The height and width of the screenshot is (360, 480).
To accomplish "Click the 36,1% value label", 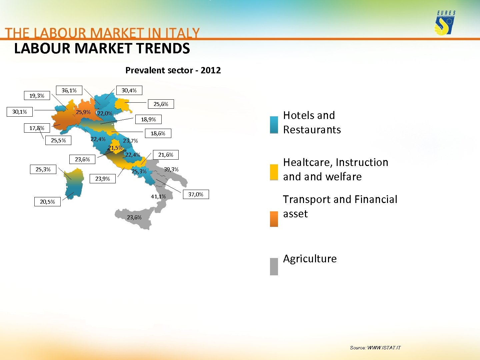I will click(69, 90).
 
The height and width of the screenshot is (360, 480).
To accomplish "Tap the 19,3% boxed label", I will click(37, 96).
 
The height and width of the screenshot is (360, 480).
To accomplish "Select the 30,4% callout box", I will click(129, 90).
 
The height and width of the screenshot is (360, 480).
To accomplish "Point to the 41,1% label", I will click(158, 197).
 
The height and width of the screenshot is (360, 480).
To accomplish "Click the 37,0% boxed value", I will click(196, 194).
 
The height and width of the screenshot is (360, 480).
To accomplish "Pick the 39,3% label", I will click(171, 169).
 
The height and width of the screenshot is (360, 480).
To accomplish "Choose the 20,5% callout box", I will click(47, 202).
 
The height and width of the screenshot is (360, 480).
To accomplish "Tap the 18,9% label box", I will click(148, 119).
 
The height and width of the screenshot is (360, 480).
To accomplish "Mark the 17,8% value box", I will click(37, 128).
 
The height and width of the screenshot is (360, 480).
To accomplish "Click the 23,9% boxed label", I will click(103, 179).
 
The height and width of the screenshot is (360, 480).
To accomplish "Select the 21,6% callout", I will click(166, 155).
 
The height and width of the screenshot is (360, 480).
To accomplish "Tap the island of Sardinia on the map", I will click(73, 183).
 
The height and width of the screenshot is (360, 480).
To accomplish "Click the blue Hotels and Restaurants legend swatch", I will click(274, 125).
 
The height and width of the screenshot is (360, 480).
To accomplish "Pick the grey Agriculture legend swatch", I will click(274, 266).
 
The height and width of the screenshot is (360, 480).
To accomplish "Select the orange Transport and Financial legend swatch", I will click(274, 219).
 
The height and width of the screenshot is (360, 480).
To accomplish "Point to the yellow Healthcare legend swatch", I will click(274, 172).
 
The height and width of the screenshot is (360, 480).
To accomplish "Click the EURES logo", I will click(445, 23).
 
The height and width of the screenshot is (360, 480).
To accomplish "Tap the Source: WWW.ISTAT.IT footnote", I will click(375, 348).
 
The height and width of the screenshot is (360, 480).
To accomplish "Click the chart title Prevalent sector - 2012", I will click(173, 70).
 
